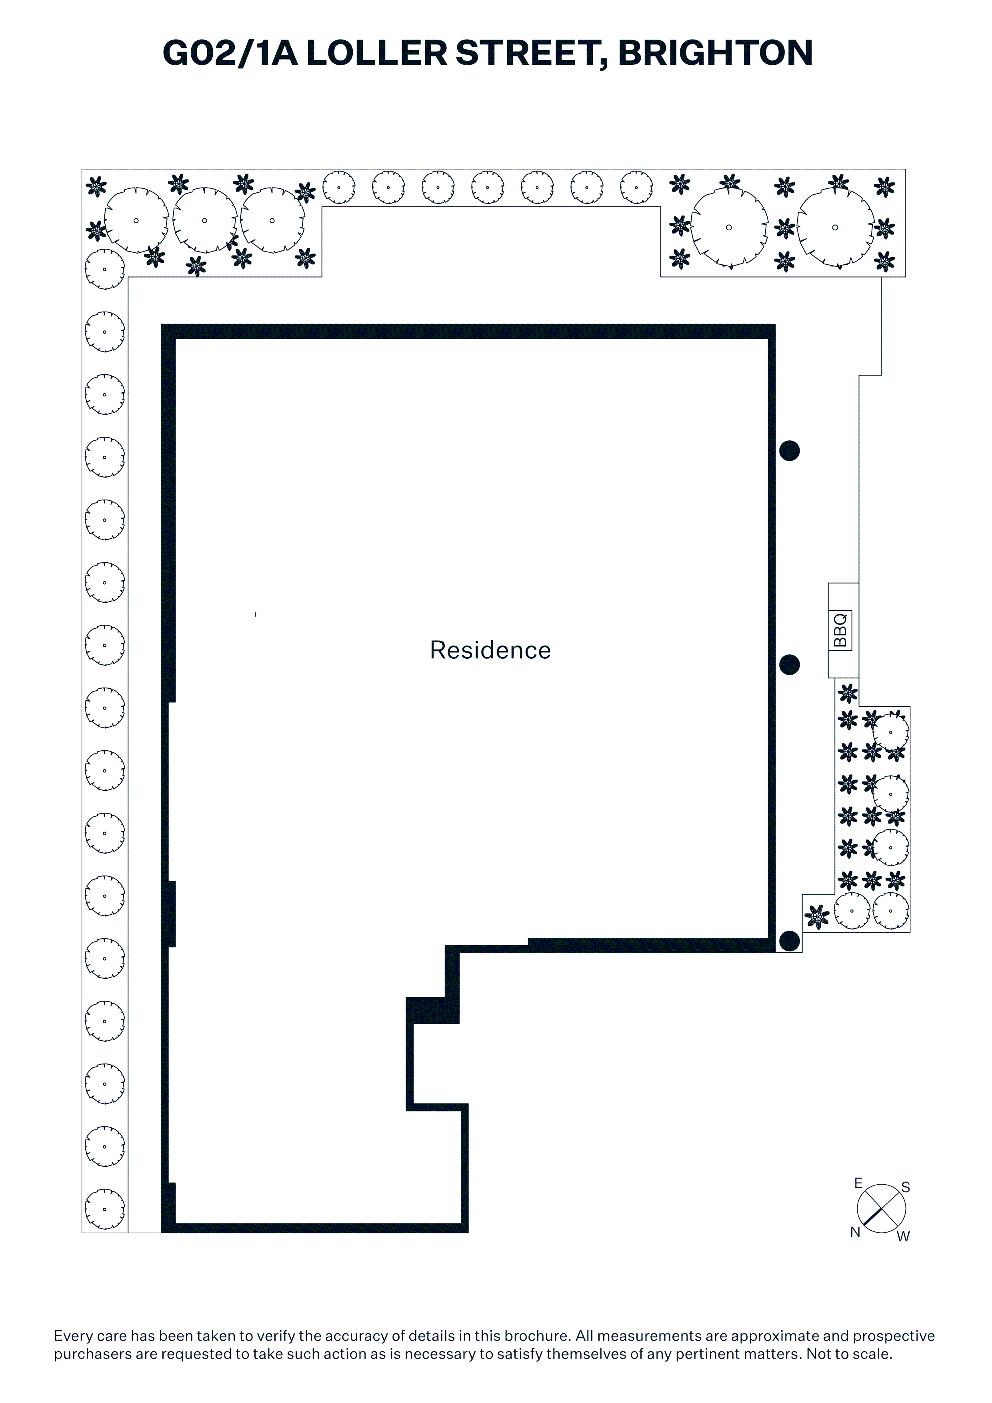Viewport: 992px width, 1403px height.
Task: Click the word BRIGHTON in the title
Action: point(715,53)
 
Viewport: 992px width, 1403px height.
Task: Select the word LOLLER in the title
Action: point(376,53)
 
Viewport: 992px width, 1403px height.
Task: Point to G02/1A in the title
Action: point(230,53)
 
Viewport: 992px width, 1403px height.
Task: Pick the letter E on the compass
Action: point(858,1183)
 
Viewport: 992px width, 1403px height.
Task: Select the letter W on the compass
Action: point(903,1236)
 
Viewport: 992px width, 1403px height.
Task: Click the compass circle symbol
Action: point(881,1209)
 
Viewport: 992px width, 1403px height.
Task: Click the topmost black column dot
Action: point(789,451)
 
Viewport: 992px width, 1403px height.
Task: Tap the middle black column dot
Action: point(789,665)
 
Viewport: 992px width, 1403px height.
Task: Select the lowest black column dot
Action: point(789,941)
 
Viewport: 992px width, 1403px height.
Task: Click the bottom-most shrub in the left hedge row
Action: point(104,1209)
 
